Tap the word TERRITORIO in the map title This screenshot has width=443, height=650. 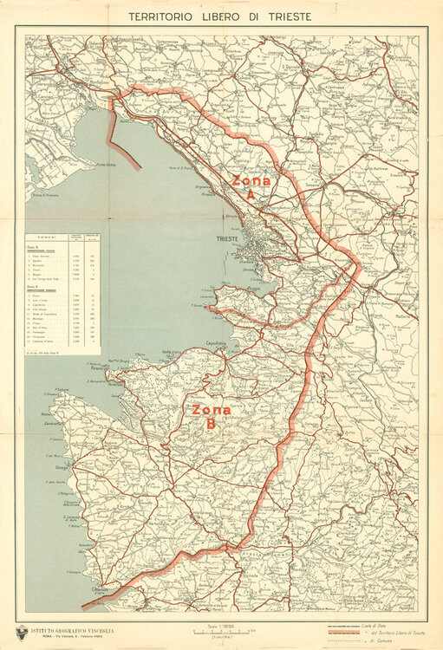coord(162,16)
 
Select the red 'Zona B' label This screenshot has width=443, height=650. coord(211,416)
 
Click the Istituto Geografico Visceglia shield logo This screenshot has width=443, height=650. coord(22,632)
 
